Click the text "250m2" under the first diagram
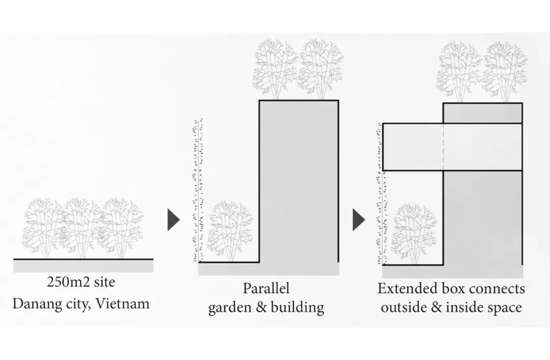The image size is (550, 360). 66,282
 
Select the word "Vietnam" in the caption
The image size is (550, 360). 124,304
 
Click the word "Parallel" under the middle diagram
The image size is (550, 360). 266,288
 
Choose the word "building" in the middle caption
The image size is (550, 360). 298,308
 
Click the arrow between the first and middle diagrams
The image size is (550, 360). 174,219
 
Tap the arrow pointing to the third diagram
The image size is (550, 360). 359,219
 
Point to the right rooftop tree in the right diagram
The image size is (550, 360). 504,72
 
